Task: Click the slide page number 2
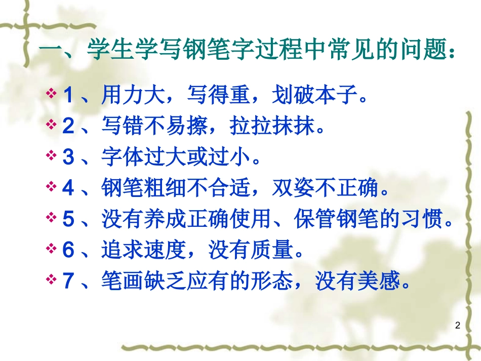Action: click(x=458, y=326)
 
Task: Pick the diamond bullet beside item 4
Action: click(x=52, y=187)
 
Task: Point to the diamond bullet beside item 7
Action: click(x=52, y=280)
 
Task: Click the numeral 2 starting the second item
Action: click(x=68, y=126)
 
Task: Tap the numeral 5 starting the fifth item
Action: click(x=68, y=219)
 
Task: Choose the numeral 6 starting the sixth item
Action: click(x=68, y=250)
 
